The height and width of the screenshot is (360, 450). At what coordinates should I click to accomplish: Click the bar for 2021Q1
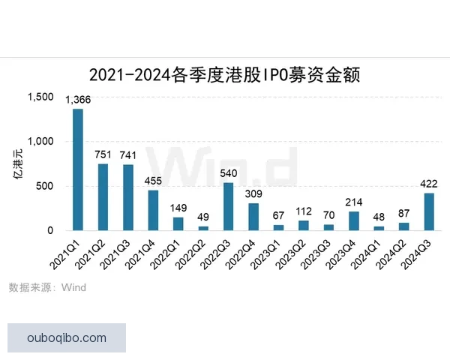click(78, 170)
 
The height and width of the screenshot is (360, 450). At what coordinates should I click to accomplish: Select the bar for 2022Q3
click(228, 206)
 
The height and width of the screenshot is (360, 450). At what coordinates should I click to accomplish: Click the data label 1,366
click(79, 100)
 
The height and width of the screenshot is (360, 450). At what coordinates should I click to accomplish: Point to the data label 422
click(428, 184)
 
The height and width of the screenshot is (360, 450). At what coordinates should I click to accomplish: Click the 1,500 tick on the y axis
click(40, 97)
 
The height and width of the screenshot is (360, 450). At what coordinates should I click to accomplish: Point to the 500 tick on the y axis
click(46, 186)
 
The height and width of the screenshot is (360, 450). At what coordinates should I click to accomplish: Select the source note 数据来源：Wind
click(47, 287)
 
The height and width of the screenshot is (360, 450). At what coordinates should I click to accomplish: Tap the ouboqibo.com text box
click(66, 337)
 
